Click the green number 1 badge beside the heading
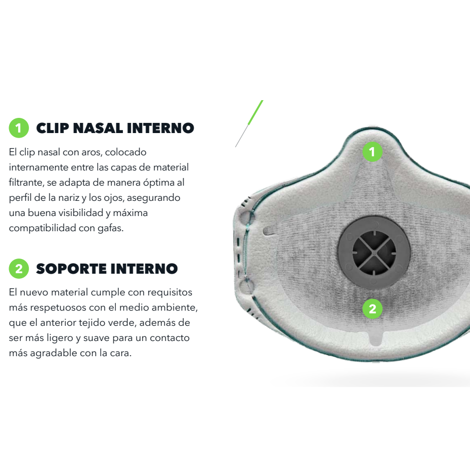click(x=19, y=128)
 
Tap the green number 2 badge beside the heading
click(x=19, y=269)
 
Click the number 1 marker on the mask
click(x=372, y=152)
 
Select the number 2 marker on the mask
click(x=372, y=309)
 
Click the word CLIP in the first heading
click(x=53, y=129)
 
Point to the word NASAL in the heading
click(x=98, y=129)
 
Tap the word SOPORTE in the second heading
click(x=71, y=269)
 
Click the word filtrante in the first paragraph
click(x=26, y=183)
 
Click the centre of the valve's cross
click(x=374, y=252)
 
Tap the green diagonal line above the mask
click(x=255, y=112)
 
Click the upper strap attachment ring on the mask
click(x=246, y=218)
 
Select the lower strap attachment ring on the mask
click(x=246, y=286)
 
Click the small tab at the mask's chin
click(x=375, y=338)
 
